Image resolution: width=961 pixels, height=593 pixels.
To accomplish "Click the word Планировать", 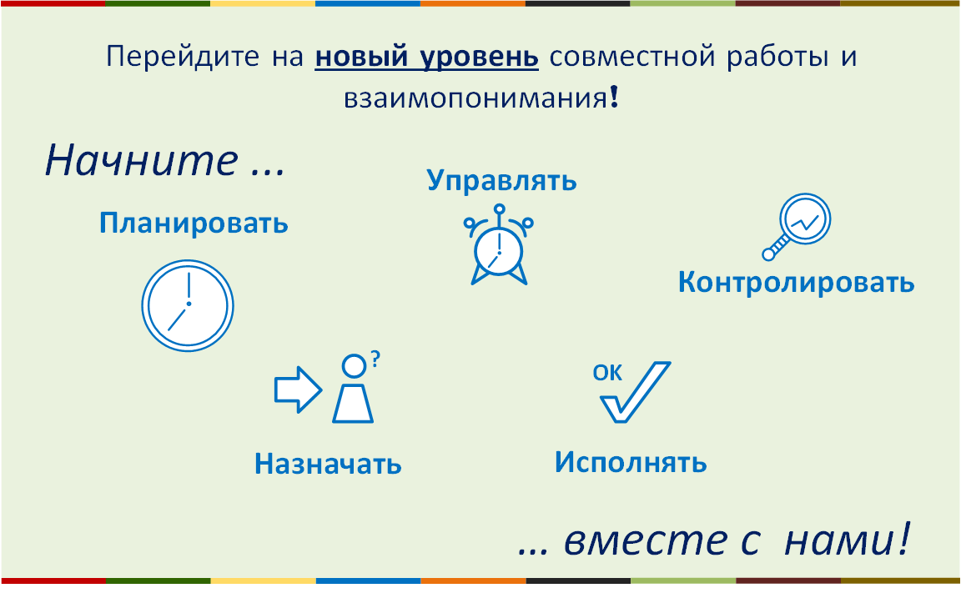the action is [194, 224].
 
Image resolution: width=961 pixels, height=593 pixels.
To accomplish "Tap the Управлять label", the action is [502, 181].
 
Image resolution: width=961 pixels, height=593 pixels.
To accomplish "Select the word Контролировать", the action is [796, 283].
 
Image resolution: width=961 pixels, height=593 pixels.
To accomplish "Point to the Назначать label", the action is [328, 464].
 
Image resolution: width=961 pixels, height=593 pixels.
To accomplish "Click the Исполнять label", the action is [631, 463].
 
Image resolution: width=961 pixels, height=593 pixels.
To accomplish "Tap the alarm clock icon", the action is [499, 245].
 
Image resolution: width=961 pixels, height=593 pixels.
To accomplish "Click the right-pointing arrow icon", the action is [298, 389].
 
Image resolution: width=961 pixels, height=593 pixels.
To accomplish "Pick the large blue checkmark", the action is [635, 392].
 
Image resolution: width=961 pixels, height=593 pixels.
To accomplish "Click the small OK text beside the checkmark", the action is [607, 373].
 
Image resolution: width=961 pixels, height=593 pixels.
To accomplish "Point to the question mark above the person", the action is [375, 359].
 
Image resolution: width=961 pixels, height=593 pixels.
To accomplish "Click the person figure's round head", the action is [354, 366].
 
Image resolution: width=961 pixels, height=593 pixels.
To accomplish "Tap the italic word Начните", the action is [142, 160].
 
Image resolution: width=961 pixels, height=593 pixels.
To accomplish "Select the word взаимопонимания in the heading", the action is [475, 98].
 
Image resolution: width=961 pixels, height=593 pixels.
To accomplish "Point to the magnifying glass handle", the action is [775, 248].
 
